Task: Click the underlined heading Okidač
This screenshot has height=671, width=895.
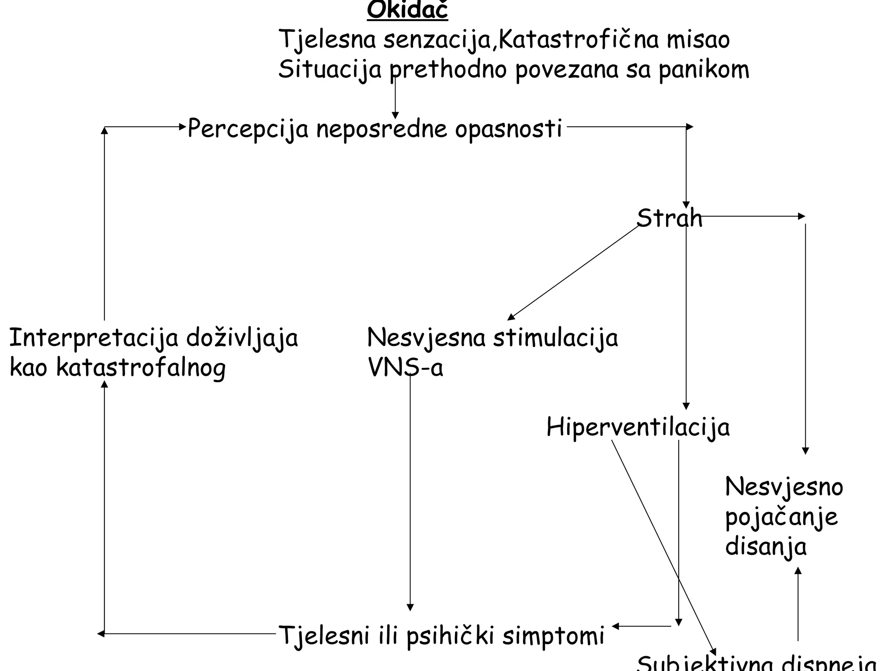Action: [x=407, y=10]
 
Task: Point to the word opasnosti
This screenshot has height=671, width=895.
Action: [x=508, y=129]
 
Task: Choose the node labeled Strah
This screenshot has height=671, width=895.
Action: [x=669, y=218]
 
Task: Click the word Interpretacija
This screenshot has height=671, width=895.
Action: [x=94, y=338]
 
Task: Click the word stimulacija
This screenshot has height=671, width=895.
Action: [x=555, y=338]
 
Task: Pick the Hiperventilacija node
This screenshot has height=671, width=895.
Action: [x=638, y=427]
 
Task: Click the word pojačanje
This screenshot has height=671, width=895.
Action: [x=781, y=517]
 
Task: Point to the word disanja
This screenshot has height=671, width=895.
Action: [x=766, y=546]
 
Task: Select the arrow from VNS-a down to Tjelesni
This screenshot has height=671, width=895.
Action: [x=410, y=494]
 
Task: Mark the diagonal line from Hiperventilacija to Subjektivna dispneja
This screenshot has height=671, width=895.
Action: [x=662, y=546]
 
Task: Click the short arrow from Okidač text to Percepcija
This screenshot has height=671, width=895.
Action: [x=395, y=98]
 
